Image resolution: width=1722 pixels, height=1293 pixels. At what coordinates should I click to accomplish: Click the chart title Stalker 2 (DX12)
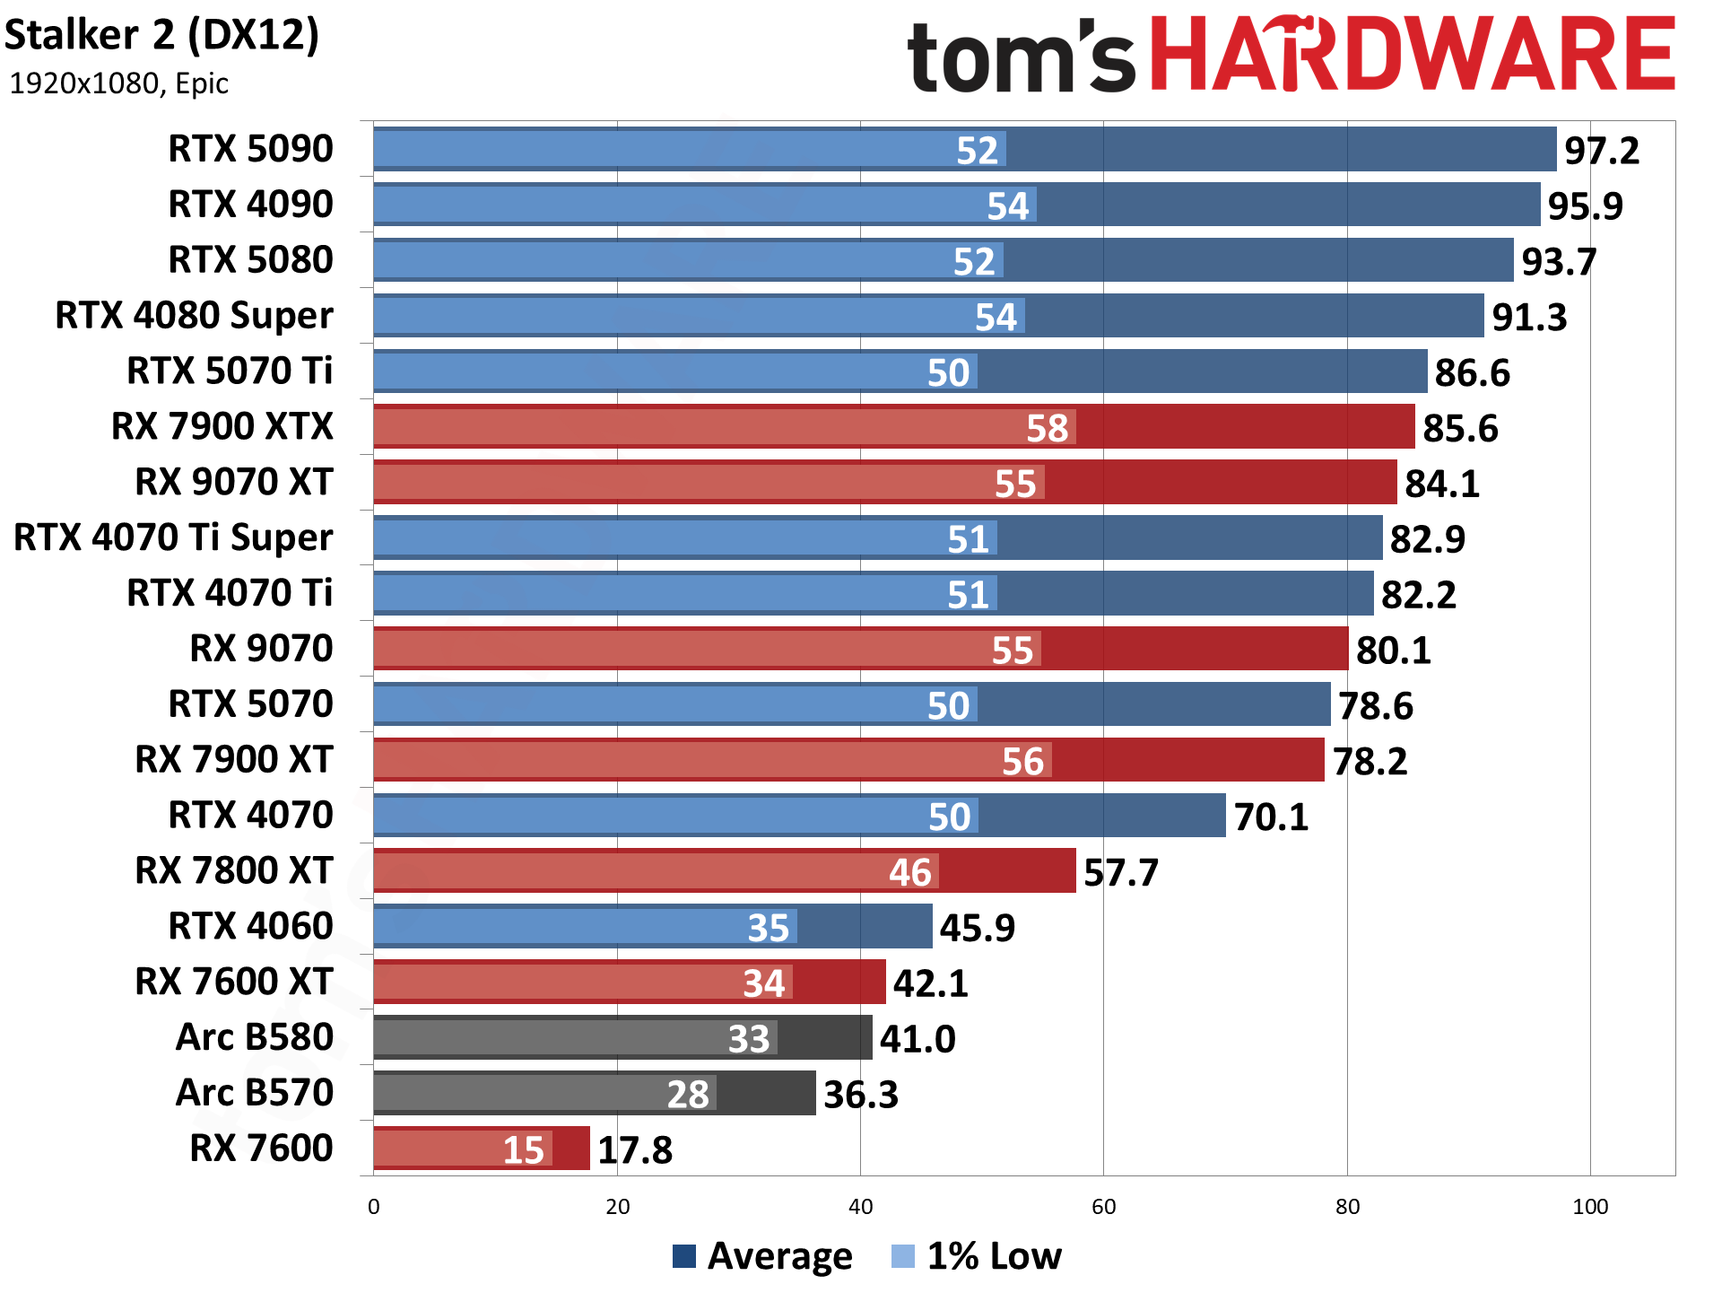(161, 36)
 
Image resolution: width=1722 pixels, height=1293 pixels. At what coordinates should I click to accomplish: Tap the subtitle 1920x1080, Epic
(118, 83)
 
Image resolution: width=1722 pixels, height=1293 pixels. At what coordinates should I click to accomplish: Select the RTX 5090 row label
(250, 149)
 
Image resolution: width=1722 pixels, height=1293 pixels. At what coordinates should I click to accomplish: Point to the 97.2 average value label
(1601, 151)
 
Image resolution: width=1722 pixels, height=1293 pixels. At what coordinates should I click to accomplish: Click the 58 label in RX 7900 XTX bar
(1047, 429)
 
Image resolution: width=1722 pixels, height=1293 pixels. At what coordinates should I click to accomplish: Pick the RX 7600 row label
(261, 1149)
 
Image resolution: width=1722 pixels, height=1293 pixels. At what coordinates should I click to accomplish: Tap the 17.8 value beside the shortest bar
(634, 1150)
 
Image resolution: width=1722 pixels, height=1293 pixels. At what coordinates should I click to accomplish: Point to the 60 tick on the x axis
(1103, 1207)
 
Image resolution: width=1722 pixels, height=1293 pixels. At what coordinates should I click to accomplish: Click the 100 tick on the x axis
(1589, 1207)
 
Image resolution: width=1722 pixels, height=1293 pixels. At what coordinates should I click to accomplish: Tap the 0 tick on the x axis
(374, 1207)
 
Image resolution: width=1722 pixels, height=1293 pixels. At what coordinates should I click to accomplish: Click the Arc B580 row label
(255, 1037)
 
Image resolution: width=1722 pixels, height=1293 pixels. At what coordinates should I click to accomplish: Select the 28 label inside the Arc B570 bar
(688, 1095)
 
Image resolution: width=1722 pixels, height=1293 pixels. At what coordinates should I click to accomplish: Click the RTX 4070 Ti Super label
(173, 537)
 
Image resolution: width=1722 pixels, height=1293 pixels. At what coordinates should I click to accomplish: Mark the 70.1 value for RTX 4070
(1271, 817)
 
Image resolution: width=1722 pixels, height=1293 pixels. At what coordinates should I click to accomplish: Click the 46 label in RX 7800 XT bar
(909, 873)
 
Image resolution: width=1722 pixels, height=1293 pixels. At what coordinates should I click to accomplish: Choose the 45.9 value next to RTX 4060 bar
(977, 929)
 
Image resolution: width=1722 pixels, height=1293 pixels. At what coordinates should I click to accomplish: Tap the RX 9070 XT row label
(233, 482)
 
